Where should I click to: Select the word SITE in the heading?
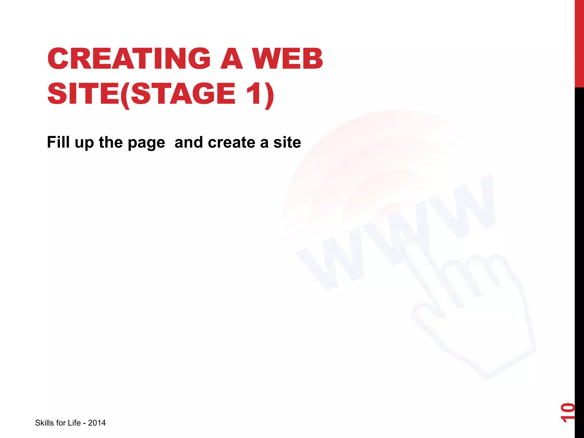83,94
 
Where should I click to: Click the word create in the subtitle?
232,142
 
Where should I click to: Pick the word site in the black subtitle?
287,142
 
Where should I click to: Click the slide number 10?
567,412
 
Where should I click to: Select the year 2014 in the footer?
97,423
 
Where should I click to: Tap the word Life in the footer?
74,423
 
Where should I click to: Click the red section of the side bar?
579,43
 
